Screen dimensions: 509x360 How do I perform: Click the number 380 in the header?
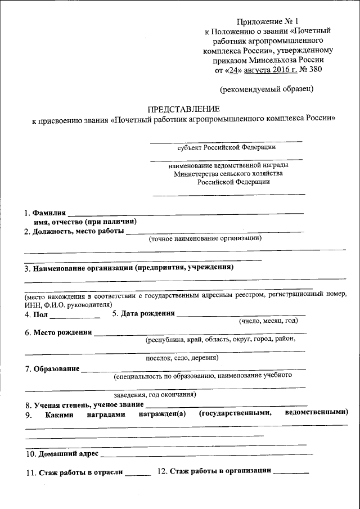coord(318,70)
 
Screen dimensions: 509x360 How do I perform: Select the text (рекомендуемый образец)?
coord(267,88)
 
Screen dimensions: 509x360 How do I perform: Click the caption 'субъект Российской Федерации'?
coord(226,147)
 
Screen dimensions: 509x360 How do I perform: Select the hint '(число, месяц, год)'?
coord(268,321)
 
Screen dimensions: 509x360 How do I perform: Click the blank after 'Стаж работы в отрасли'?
coord(138,473)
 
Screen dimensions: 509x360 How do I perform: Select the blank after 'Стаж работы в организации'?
coord(290,471)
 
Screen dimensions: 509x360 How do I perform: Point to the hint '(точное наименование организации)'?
coord(205,238)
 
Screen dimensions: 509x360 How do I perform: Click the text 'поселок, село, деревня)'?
coord(182,357)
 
